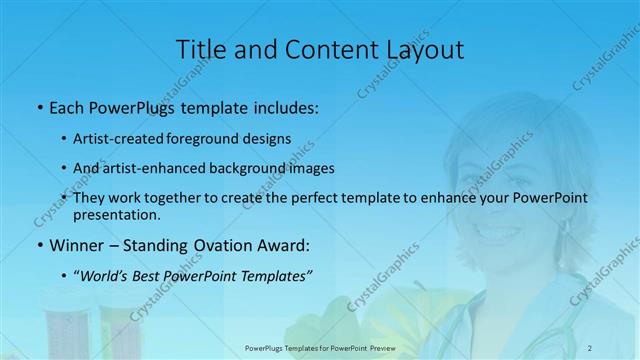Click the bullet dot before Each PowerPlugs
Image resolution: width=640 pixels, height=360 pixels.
[38, 107]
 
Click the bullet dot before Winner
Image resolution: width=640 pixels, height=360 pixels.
[38, 244]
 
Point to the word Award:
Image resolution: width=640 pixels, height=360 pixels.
[283, 244]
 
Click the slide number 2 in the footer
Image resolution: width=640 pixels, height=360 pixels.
[590, 347]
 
